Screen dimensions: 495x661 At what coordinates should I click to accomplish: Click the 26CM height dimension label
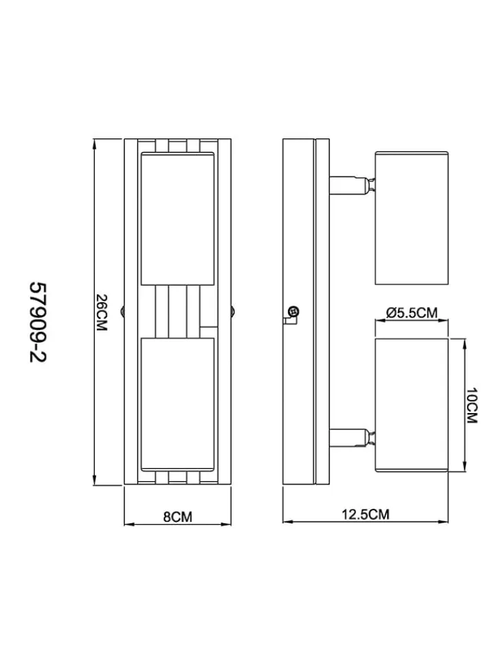click(x=102, y=313)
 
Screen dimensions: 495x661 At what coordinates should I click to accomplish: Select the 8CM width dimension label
click(x=177, y=516)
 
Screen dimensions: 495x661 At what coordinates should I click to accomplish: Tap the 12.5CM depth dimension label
click(x=365, y=514)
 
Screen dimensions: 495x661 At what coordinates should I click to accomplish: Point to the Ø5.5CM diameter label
click(x=412, y=313)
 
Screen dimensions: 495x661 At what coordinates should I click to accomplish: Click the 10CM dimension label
click(x=472, y=406)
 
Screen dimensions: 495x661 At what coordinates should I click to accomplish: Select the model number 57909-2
click(x=37, y=322)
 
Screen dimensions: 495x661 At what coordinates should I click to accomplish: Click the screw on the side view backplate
click(x=294, y=312)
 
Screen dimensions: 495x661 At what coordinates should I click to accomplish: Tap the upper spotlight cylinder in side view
click(x=412, y=218)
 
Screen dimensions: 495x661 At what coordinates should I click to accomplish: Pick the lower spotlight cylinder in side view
click(x=412, y=404)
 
